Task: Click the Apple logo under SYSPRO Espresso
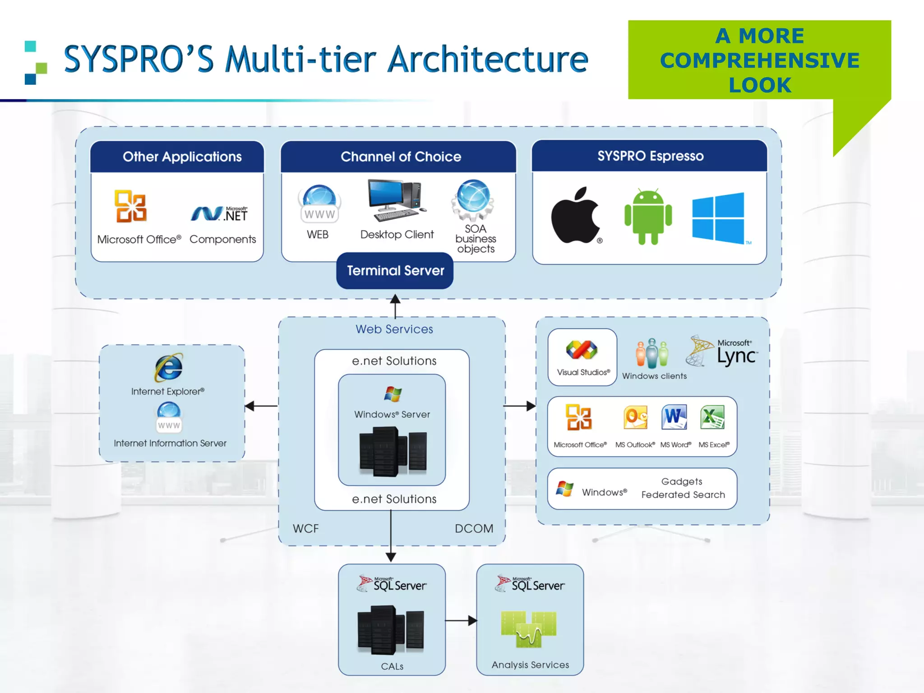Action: tap(576, 216)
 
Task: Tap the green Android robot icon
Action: tap(648, 217)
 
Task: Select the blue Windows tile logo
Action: tap(718, 218)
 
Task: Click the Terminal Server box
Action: tap(395, 271)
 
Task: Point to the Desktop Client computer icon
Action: tap(396, 200)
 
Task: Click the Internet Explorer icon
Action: tap(169, 367)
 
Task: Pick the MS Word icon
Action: tap(674, 417)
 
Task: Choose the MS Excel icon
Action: tap(712, 417)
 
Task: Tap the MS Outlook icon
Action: tap(635, 417)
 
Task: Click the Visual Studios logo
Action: tap(582, 350)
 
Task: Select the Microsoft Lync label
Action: tap(736, 352)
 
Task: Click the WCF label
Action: tap(305, 528)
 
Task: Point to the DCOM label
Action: tap(474, 528)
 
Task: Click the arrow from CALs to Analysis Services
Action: tap(461, 621)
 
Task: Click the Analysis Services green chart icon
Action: tap(529, 629)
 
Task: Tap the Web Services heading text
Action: tap(394, 329)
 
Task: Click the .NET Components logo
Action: tap(219, 213)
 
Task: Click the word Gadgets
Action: tap(681, 481)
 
